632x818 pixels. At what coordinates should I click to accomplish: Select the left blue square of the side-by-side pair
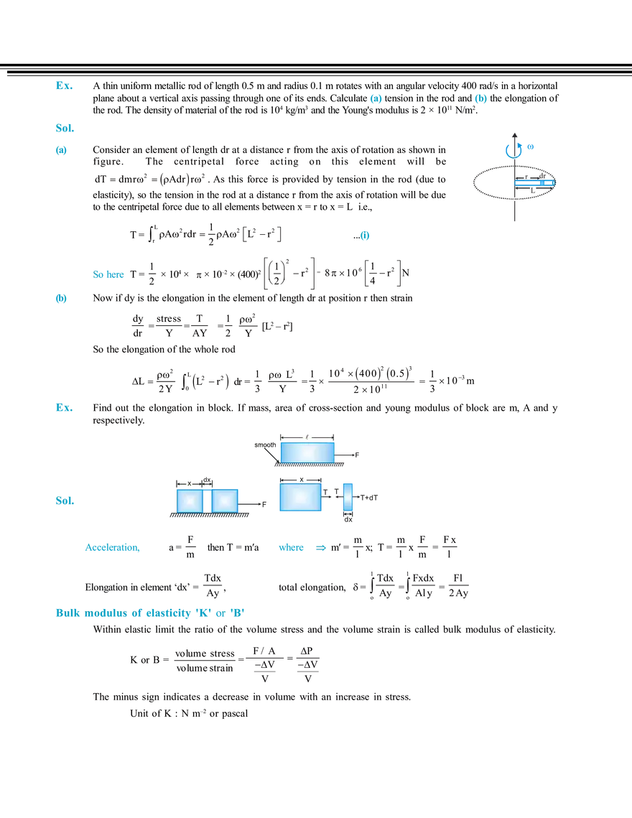189,500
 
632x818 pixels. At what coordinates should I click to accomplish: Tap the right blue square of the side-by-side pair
225,500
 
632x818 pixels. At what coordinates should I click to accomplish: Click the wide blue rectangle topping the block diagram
307,452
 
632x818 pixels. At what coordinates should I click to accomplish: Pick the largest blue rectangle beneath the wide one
300,497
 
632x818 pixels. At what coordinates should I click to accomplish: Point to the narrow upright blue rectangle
348,497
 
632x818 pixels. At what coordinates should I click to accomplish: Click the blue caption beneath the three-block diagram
302,549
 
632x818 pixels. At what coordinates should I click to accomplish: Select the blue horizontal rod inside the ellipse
535,183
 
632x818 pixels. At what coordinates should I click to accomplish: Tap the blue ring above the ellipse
513,149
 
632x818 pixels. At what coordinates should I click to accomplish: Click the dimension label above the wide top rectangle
307,435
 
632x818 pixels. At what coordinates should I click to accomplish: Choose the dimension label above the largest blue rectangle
301,479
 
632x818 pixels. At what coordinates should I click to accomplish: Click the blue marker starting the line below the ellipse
366,235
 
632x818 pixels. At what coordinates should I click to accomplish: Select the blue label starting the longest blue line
63,129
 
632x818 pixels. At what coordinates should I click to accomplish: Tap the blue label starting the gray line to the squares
63,502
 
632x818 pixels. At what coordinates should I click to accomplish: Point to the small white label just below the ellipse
516,199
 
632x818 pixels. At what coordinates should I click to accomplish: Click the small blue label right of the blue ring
530,147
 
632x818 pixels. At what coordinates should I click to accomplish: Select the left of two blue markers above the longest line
376,99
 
